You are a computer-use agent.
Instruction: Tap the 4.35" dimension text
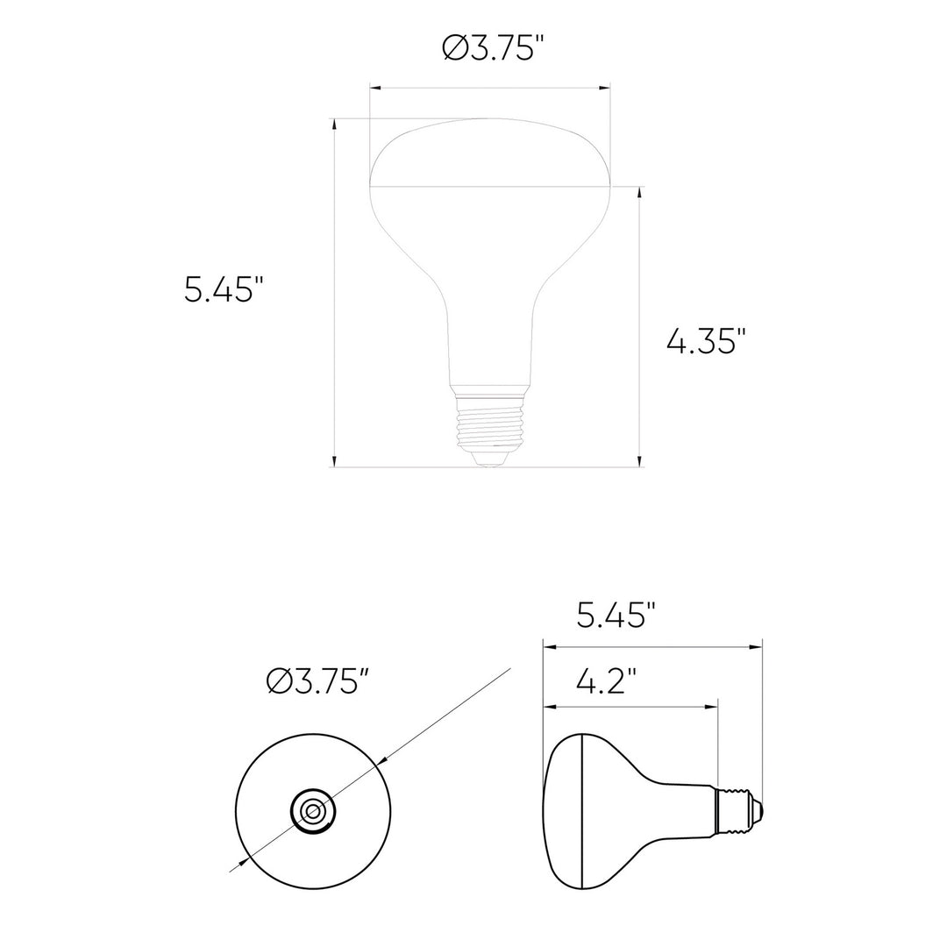pyautogui.click(x=706, y=340)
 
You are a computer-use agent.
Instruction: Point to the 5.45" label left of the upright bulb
pyautogui.click(x=224, y=288)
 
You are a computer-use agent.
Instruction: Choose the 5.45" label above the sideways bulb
pyautogui.click(x=616, y=616)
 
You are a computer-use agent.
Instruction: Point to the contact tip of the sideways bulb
pyautogui.click(x=758, y=811)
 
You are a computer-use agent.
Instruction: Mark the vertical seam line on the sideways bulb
pyautogui.click(x=582, y=811)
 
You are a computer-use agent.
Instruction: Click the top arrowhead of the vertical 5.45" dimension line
pyautogui.click(x=334, y=125)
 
